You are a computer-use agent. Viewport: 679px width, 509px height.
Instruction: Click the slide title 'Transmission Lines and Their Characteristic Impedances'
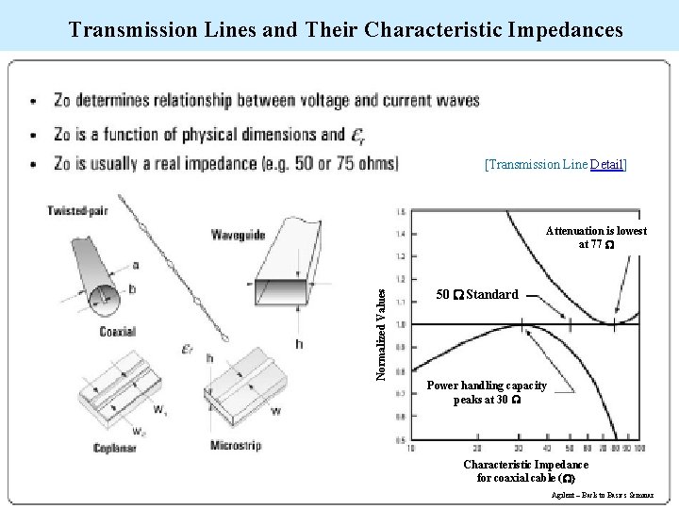click(345, 29)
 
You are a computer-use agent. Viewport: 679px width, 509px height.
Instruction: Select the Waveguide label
click(237, 235)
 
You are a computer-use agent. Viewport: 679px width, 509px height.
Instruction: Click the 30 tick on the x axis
click(518, 448)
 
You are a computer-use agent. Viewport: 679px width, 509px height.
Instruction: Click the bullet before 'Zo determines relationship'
click(35, 102)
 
